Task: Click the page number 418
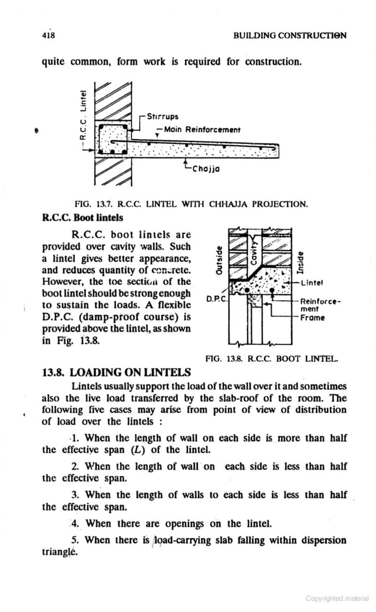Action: click(48, 35)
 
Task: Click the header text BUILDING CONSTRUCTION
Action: click(289, 35)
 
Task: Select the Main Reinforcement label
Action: click(197, 130)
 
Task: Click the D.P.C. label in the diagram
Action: click(216, 300)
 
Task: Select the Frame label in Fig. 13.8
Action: click(312, 317)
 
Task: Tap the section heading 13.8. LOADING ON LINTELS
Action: click(117, 372)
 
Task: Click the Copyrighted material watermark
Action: click(337, 598)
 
